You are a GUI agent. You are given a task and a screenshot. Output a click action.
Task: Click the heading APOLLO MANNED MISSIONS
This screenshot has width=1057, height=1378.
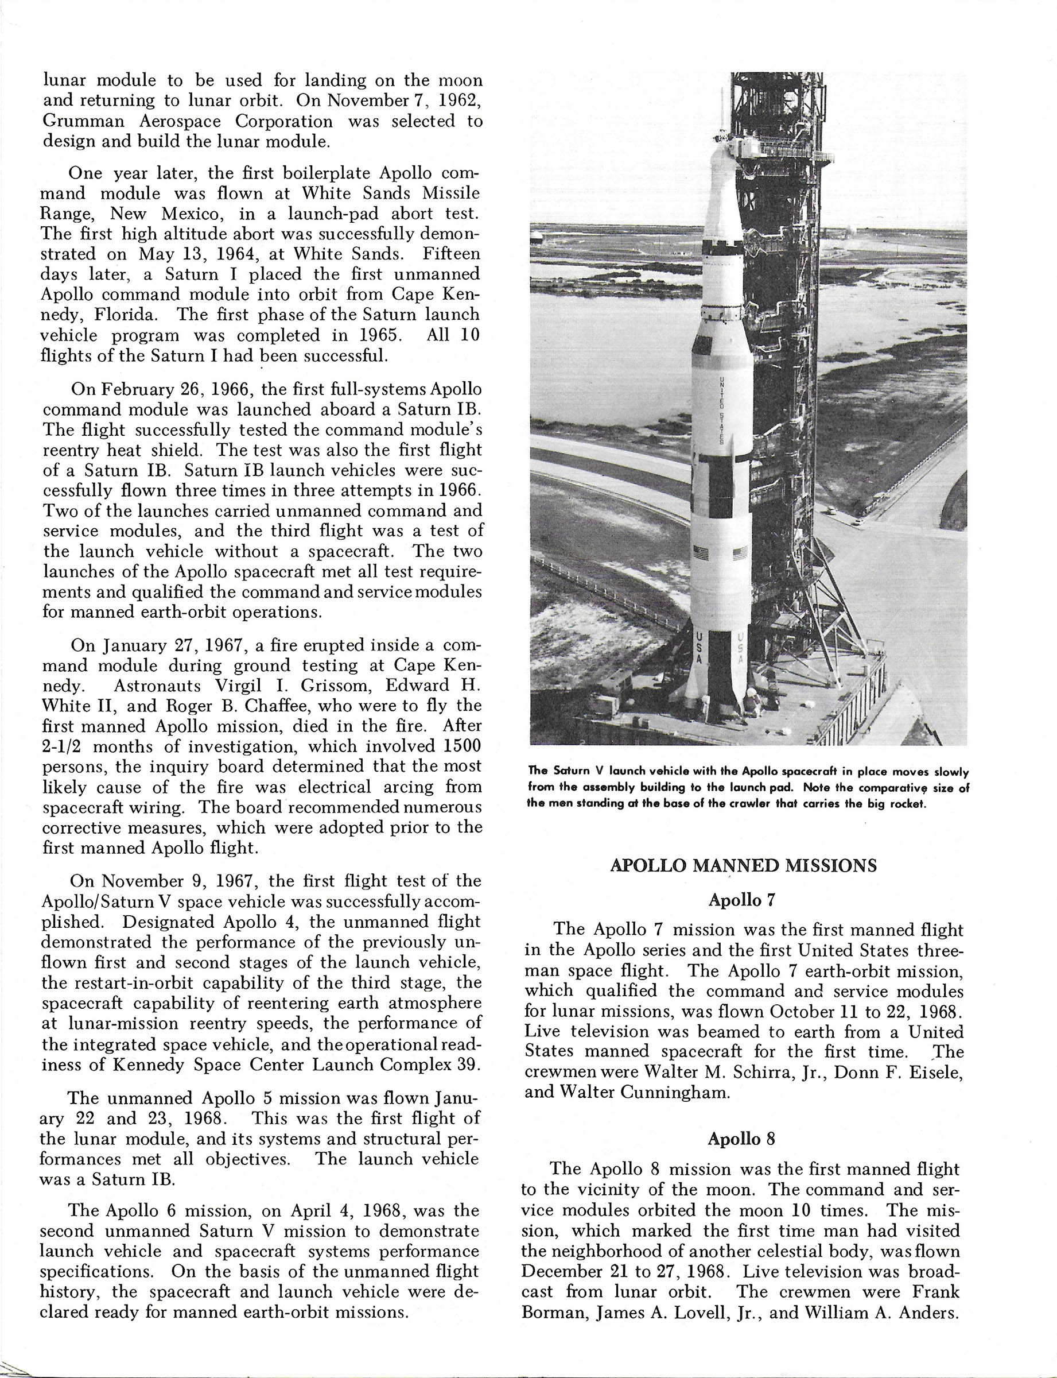[743, 866]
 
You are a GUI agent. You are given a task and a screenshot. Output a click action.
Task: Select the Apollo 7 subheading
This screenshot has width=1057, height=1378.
[742, 900]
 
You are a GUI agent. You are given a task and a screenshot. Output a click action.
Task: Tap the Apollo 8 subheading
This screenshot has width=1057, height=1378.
[741, 1139]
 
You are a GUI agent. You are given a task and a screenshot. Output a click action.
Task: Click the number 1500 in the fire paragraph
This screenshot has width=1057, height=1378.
[459, 746]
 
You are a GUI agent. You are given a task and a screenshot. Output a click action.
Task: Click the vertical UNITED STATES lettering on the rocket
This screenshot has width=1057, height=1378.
[722, 409]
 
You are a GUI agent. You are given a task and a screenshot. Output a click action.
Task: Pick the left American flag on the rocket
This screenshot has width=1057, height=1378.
[700, 554]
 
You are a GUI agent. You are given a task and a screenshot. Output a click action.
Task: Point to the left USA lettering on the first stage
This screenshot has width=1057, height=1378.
[697, 649]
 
